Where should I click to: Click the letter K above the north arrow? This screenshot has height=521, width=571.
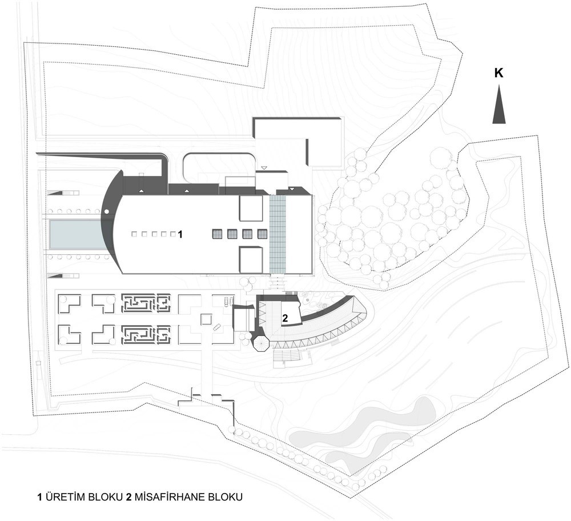498,73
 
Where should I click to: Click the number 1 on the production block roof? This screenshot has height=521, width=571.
179,235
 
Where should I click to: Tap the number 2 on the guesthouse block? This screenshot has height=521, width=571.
285,318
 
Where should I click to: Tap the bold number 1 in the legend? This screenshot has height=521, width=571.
40,498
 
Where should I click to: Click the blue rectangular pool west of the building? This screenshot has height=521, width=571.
77,234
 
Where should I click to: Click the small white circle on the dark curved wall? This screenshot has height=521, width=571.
106,211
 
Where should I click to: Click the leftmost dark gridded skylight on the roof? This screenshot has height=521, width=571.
218,234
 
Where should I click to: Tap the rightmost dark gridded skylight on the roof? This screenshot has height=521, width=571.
262,234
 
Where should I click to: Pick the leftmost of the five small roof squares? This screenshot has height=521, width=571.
135,234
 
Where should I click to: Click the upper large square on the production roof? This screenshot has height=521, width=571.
251,209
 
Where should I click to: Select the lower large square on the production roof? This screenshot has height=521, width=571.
251,259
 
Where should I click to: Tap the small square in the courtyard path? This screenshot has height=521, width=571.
206,319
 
